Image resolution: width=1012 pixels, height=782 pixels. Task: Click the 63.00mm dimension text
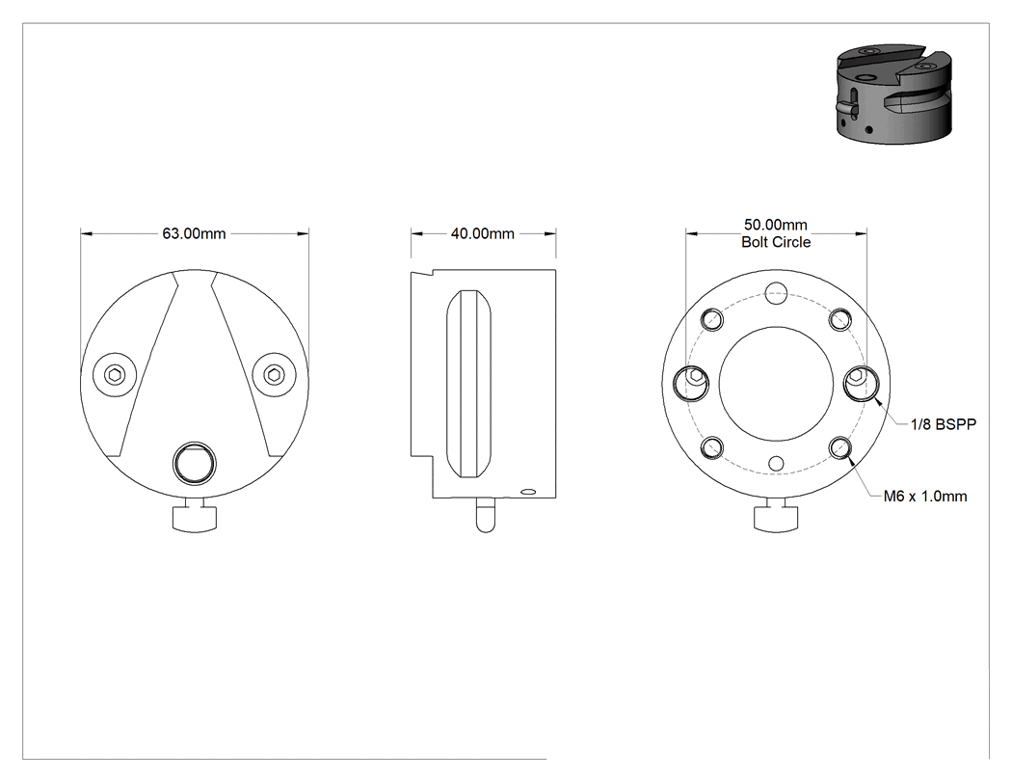[194, 233]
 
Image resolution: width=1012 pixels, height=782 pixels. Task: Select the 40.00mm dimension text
[482, 233]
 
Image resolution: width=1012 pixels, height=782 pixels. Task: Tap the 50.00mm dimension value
[775, 225]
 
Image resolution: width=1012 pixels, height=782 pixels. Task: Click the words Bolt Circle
[776, 242]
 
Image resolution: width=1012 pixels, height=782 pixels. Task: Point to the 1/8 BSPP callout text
[943, 424]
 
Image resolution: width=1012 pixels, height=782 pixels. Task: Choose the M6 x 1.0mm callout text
[925, 497]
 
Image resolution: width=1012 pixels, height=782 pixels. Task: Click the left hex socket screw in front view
[115, 374]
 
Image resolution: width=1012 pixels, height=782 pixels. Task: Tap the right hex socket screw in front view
[274, 374]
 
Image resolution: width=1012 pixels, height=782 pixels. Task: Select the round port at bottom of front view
[195, 463]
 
